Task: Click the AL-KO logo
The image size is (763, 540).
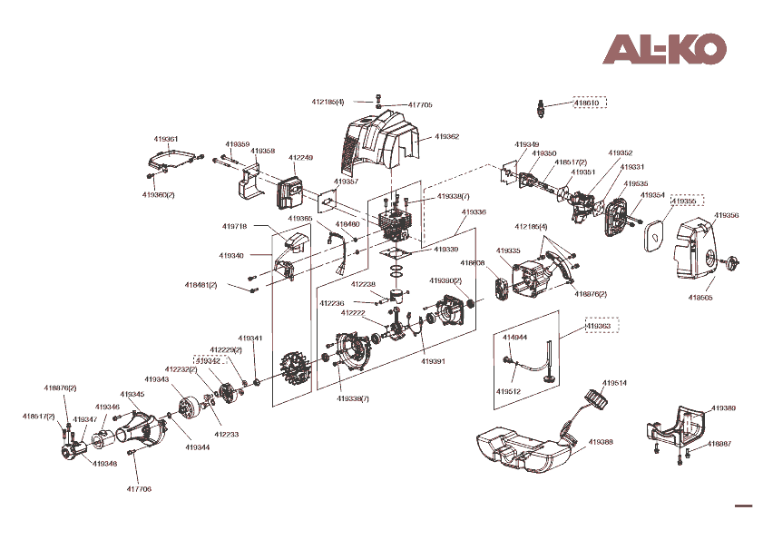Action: coord(665,49)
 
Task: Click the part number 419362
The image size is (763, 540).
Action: coord(446,137)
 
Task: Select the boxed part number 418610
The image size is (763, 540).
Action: coord(587,103)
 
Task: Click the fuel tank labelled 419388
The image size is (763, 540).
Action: coord(522,447)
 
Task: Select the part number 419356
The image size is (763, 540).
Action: coord(726,215)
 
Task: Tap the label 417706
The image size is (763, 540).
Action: coord(139,489)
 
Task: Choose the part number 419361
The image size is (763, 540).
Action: coord(165,139)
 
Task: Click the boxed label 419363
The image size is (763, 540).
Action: coord(597,325)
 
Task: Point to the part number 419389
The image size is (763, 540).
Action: coord(723,408)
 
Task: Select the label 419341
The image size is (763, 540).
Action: coord(250,339)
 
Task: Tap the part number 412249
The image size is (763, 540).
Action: coord(300,158)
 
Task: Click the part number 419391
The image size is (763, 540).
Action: coord(433,360)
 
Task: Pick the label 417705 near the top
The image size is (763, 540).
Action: coord(420,105)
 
